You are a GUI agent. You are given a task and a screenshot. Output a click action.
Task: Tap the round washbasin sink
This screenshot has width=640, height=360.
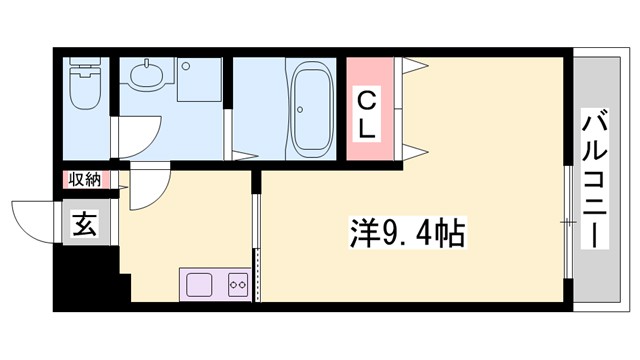[x=147, y=77]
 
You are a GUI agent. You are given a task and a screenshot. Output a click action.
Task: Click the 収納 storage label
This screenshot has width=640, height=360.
[x=85, y=179]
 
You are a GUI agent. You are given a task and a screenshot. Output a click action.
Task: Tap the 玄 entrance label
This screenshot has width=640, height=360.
[x=84, y=226]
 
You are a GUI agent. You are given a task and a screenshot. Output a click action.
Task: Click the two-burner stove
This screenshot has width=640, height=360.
[x=238, y=283]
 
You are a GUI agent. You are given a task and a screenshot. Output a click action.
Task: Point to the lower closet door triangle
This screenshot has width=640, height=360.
[x=416, y=151]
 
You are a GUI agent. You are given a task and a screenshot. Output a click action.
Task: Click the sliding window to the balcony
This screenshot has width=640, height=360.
[x=567, y=221]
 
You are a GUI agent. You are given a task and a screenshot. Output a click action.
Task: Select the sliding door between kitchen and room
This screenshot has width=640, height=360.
[x=257, y=240]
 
